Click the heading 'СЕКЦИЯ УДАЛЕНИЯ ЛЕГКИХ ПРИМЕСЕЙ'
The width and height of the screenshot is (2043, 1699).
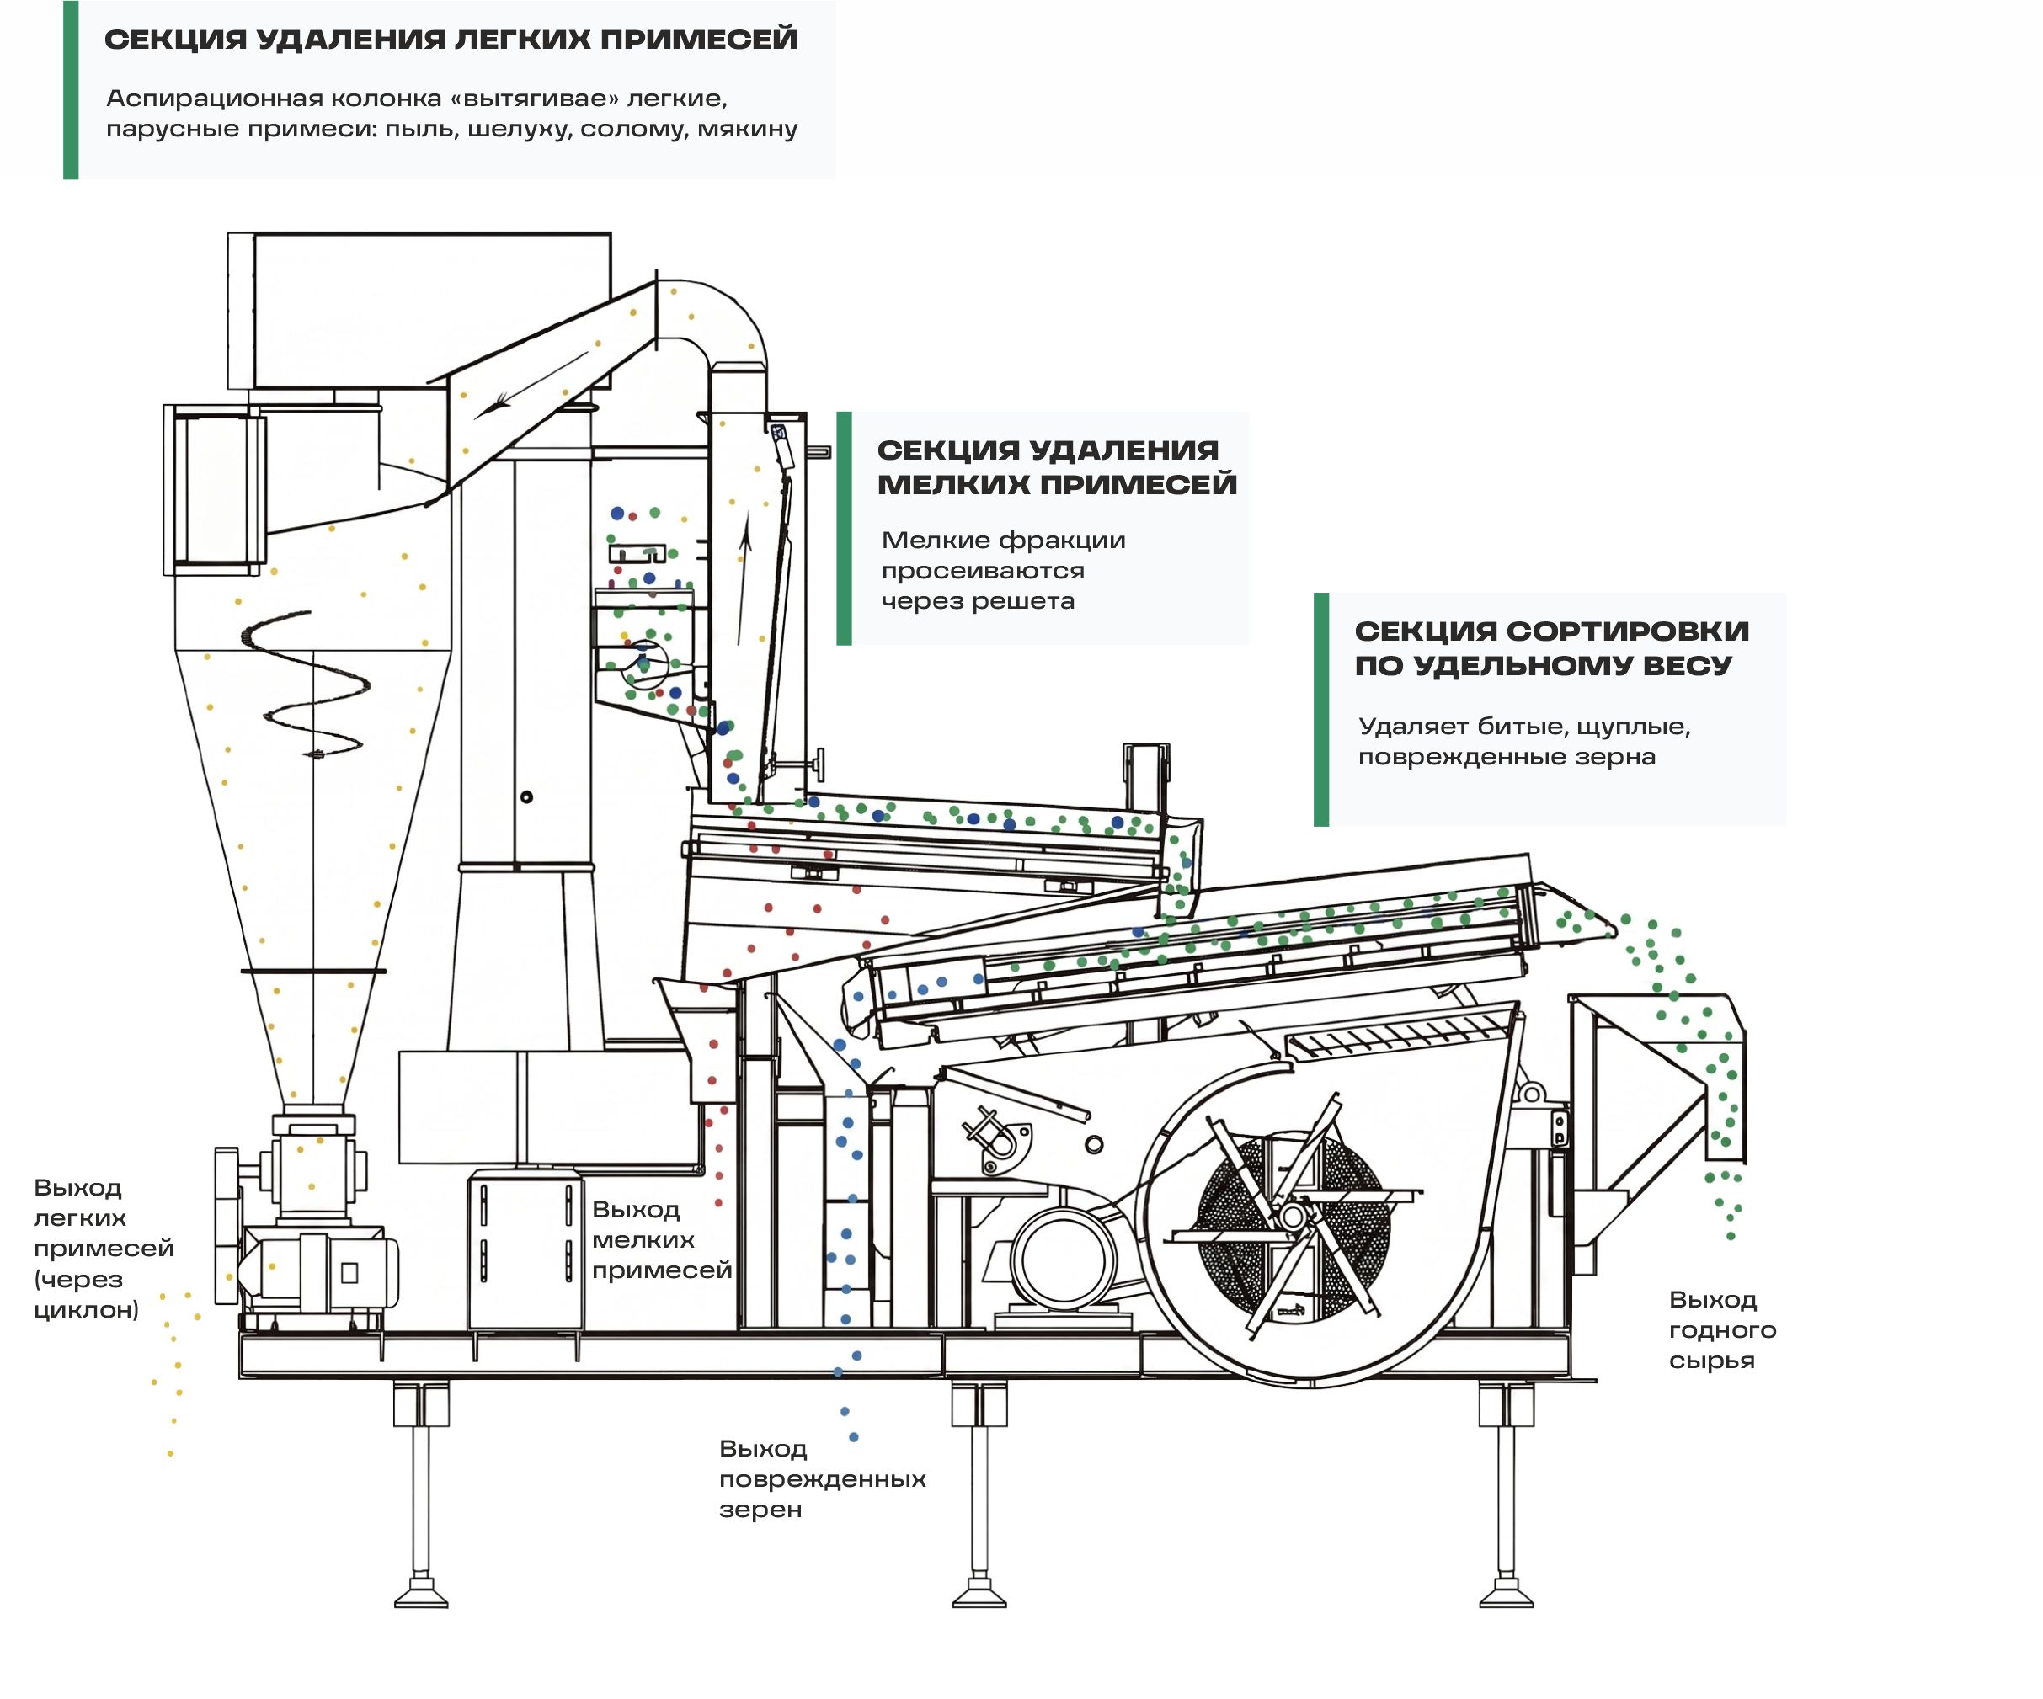click(x=451, y=40)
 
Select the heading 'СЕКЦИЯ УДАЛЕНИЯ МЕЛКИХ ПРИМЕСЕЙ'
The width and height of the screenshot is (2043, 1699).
click(x=1057, y=466)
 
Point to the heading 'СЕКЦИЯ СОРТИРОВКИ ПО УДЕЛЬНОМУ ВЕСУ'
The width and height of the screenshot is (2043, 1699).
click(x=1552, y=647)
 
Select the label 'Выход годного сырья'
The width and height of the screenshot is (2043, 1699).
click(x=1722, y=1329)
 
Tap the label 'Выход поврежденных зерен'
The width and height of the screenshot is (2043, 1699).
click(x=822, y=1478)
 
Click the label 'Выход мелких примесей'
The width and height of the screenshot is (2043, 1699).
click(x=662, y=1239)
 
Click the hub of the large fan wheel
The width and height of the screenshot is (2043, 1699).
click(x=1293, y=1216)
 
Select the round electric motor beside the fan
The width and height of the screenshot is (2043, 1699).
click(x=1063, y=1260)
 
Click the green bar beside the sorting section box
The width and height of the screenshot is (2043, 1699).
click(x=1321, y=709)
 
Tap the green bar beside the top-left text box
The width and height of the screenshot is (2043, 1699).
click(x=71, y=89)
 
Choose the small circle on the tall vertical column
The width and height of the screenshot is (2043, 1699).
click(x=526, y=797)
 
